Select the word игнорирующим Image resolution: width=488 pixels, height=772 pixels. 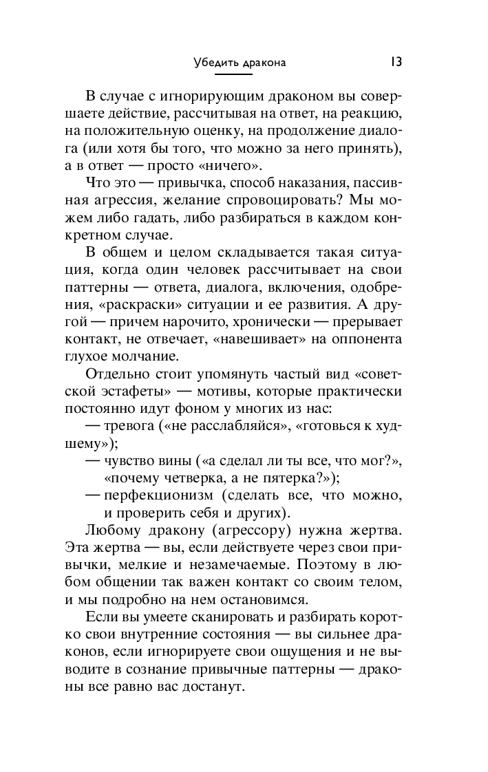click(x=226, y=94)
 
